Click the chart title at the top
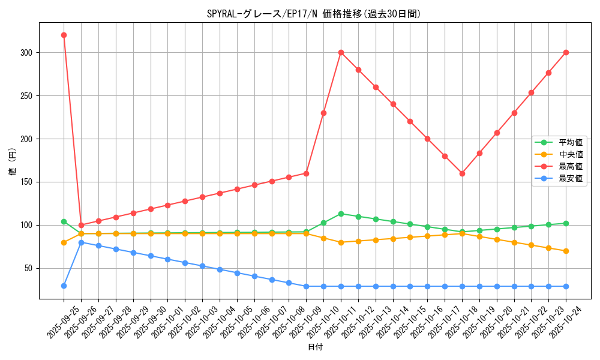point(314,14)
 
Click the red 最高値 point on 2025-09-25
point(64,35)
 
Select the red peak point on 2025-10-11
point(341,52)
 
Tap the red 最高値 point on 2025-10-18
point(462,173)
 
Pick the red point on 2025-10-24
point(566,52)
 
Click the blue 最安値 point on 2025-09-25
point(64,286)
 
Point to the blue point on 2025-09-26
point(81,242)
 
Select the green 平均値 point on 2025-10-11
point(341,214)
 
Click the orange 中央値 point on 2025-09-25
point(64,242)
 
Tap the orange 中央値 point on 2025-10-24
point(566,251)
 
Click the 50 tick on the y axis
point(31,268)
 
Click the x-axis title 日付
point(315,347)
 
